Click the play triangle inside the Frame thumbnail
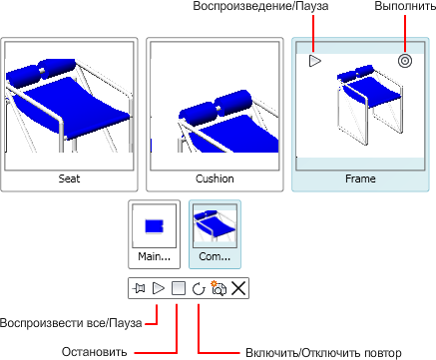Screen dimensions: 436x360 tap(314, 61)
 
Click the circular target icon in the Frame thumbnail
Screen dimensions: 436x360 tap(405, 61)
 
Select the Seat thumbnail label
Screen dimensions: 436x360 tap(69, 179)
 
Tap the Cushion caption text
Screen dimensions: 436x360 tap(215, 179)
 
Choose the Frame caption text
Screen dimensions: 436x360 tap(360, 179)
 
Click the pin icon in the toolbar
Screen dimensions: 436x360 tap(139, 288)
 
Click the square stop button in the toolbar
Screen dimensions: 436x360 tap(179, 288)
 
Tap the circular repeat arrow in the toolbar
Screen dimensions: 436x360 tap(199, 288)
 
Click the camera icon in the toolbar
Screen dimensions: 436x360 tap(218, 288)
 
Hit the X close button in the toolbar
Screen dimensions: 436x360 tap(238, 288)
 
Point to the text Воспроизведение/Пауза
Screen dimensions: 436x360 tap(260, 6)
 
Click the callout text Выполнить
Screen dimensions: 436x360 tap(405, 6)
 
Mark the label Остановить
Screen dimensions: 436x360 tap(95, 352)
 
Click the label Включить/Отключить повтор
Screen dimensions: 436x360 tap(323, 352)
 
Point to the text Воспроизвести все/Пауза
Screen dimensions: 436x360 tap(71, 323)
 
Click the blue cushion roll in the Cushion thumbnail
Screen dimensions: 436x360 tap(217, 105)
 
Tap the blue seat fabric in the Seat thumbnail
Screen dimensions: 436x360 tap(72, 107)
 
